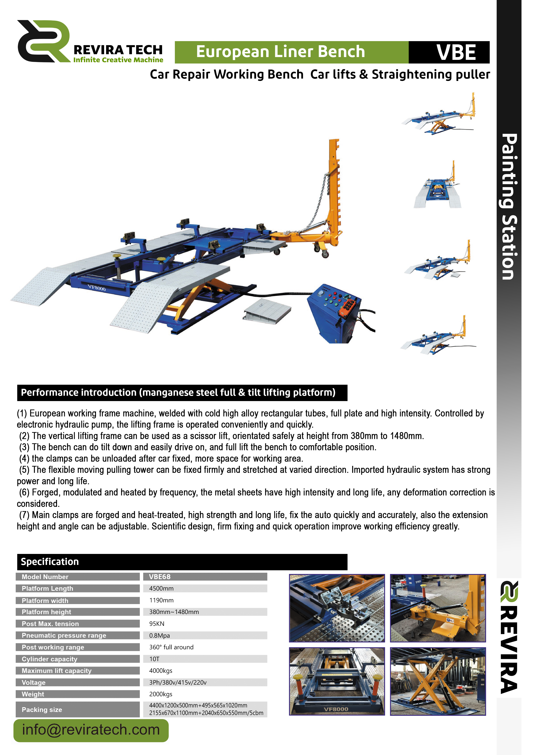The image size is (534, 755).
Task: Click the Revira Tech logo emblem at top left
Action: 43,41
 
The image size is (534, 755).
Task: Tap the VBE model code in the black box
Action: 456,52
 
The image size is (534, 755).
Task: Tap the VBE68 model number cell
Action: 160,577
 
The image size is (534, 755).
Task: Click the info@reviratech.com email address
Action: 91,730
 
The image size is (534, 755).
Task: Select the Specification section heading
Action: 50,562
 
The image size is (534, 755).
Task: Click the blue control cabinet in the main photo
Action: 332,316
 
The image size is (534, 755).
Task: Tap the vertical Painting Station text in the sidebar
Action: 509,206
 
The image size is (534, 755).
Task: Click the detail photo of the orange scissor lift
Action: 438,682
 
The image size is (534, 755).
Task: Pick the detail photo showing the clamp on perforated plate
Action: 337,608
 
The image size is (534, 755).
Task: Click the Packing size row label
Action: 42,710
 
